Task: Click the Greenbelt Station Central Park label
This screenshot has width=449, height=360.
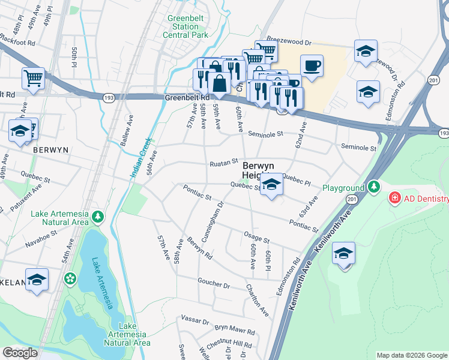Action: coord(185,26)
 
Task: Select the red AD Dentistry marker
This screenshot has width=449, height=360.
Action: coord(395,197)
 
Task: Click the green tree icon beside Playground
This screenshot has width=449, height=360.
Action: coord(374,188)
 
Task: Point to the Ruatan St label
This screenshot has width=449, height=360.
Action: coord(224,163)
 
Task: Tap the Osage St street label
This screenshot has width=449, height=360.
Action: coord(256,235)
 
